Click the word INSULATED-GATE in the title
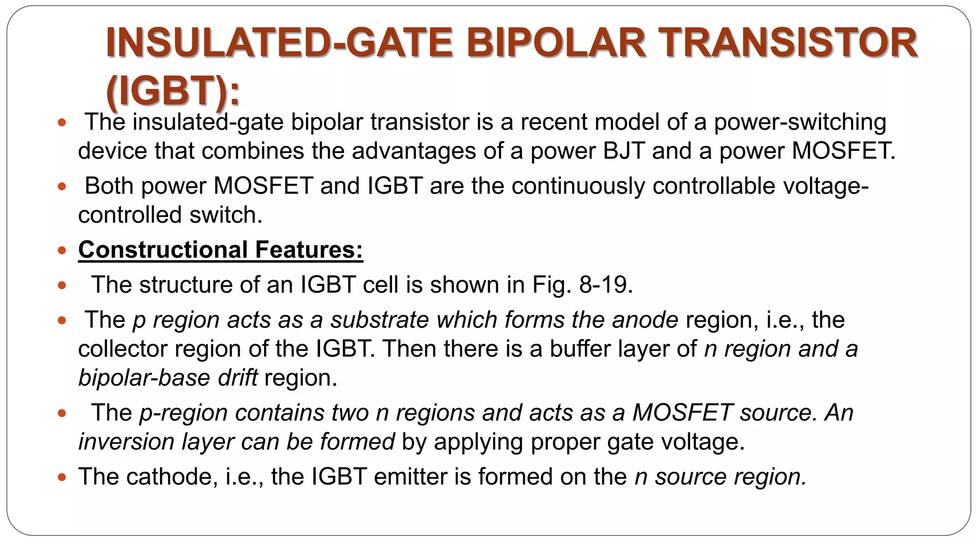coord(279,43)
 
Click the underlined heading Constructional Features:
coord(221,250)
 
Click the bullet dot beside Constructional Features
coord(62,250)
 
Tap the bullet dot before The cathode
coord(62,477)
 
